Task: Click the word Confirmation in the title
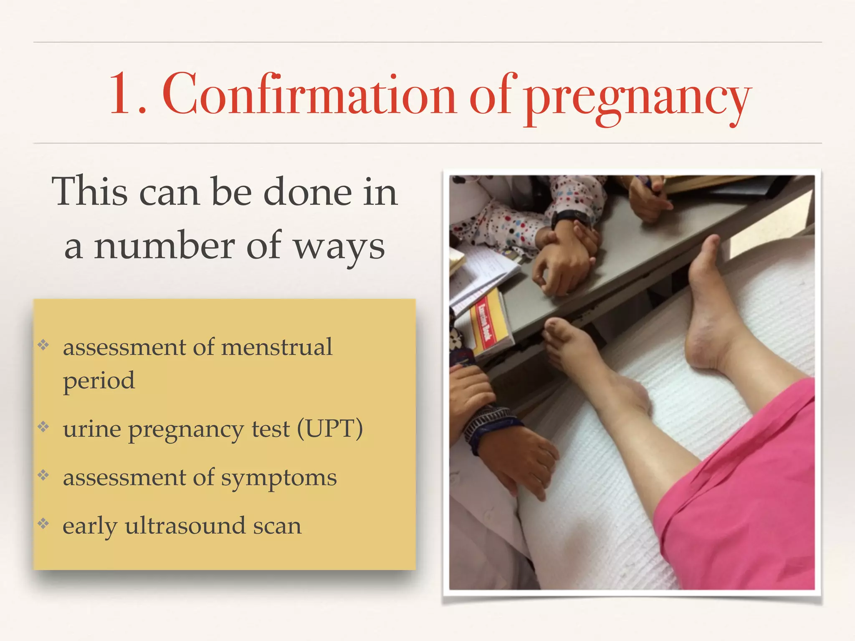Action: pyautogui.click(x=309, y=94)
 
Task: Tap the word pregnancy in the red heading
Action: pyautogui.click(x=637, y=98)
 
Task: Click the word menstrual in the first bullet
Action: pyautogui.click(x=276, y=347)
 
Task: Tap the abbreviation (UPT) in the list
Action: pyautogui.click(x=330, y=429)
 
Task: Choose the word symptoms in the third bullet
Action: pyautogui.click(x=278, y=478)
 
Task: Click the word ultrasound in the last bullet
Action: pyautogui.click(x=185, y=526)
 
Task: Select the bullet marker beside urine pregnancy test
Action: pyautogui.click(x=43, y=427)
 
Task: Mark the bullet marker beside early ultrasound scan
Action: pyautogui.click(x=43, y=523)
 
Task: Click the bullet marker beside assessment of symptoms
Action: pyautogui.click(x=43, y=475)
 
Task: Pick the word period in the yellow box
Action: pyautogui.click(x=99, y=381)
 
